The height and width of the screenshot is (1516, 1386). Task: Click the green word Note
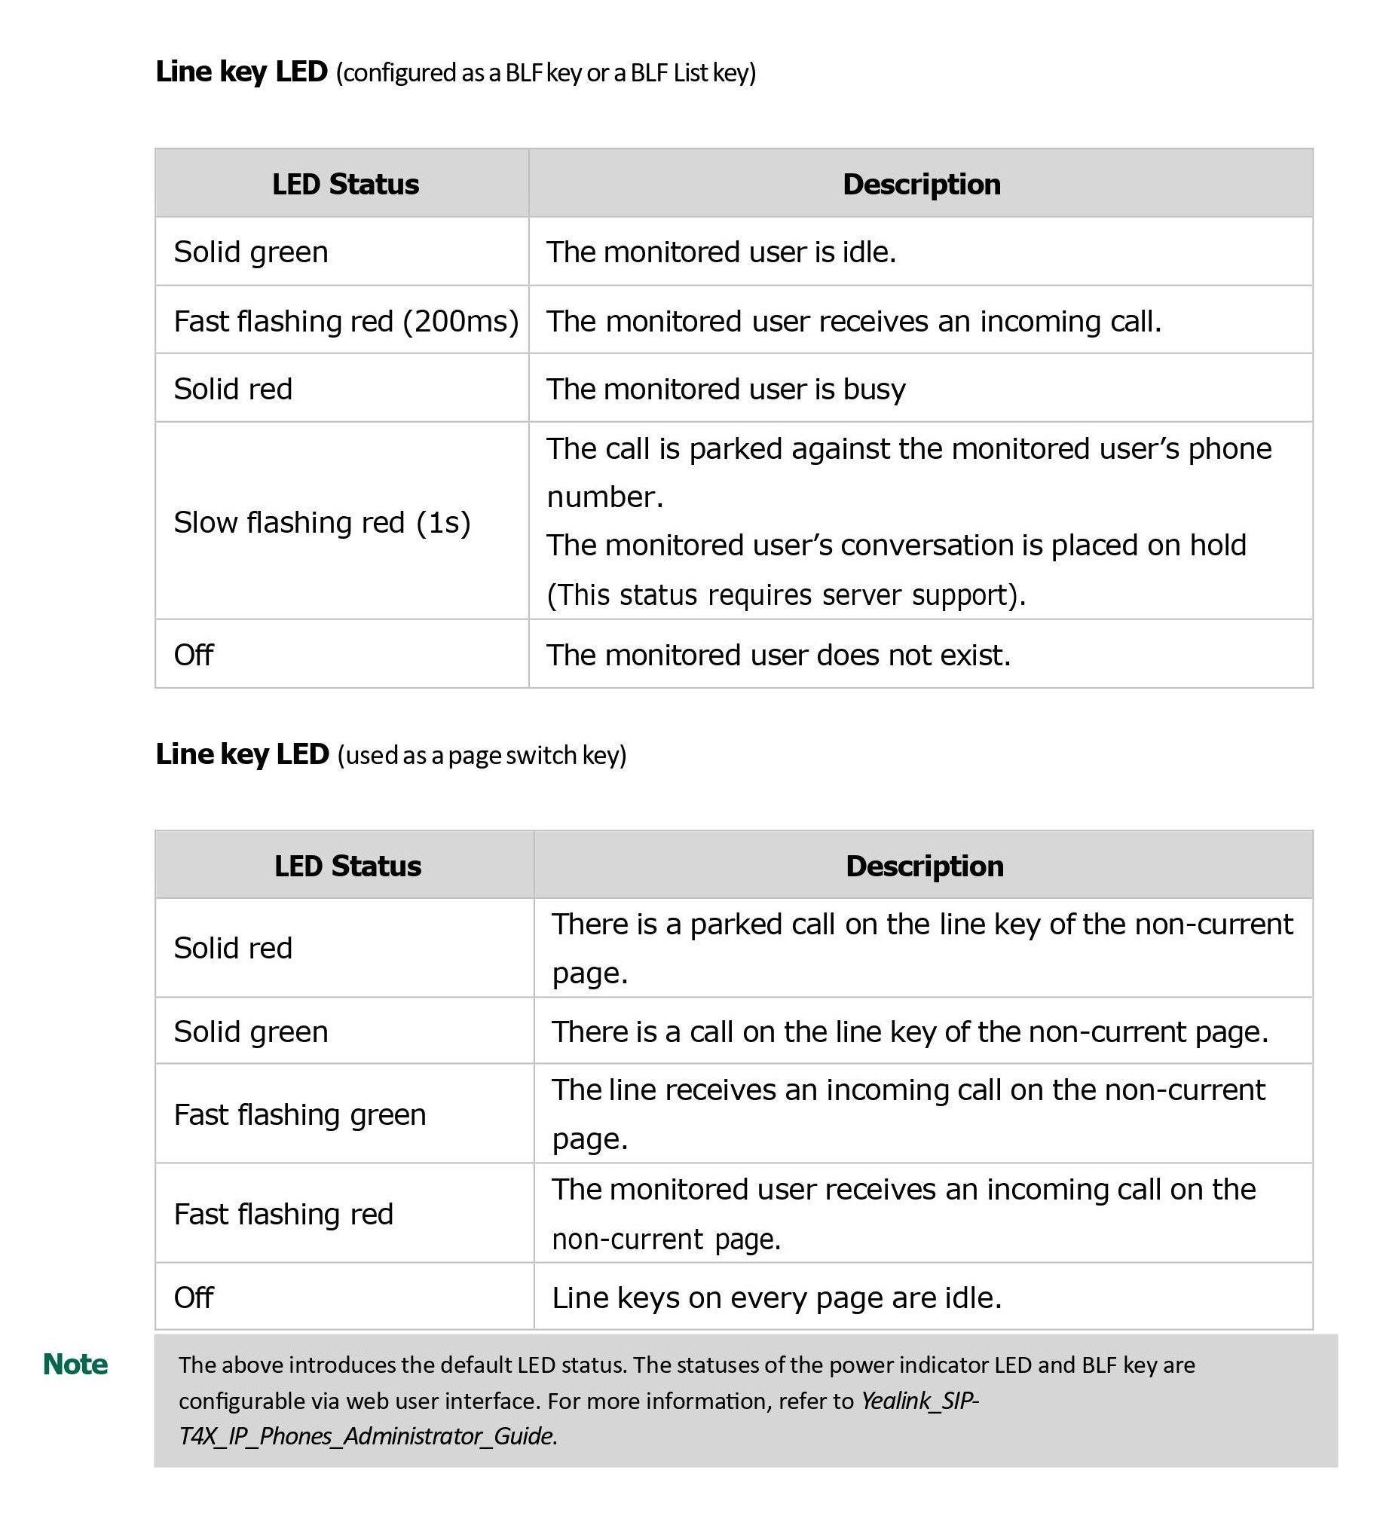[x=75, y=1365]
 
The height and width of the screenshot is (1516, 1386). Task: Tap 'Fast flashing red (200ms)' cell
[x=346, y=321]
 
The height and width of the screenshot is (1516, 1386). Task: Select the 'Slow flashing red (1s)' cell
[x=322, y=522]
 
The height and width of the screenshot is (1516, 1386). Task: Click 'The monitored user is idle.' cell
[x=721, y=252]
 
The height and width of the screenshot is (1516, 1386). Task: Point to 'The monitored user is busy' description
[x=726, y=390]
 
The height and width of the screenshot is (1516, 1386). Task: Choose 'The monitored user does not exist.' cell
[x=778, y=656]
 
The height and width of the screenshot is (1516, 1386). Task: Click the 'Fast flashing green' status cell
[x=300, y=1114]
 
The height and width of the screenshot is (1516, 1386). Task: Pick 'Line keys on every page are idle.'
[x=776, y=1297]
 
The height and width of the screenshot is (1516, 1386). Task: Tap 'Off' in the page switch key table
[x=194, y=1297]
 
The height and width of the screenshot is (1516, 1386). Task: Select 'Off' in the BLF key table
[x=194, y=656]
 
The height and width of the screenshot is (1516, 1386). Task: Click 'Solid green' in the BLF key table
[x=251, y=252]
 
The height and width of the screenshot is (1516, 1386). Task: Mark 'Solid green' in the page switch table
[x=251, y=1032]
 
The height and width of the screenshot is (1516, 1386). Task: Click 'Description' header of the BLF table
[x=921, y=185]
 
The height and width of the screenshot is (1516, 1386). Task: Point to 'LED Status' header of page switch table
[x=347, y=867]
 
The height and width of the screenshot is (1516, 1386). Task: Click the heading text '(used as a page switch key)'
[x=482, y=755]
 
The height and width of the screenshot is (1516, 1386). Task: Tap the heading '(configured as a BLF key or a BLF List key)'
[x=546, y=73]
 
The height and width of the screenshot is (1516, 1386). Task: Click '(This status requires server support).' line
[x=786, y=595]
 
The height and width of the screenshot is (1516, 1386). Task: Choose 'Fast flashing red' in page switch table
[x=283, y=1214]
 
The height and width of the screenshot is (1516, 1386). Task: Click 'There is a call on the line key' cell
[x=910, y=1032]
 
